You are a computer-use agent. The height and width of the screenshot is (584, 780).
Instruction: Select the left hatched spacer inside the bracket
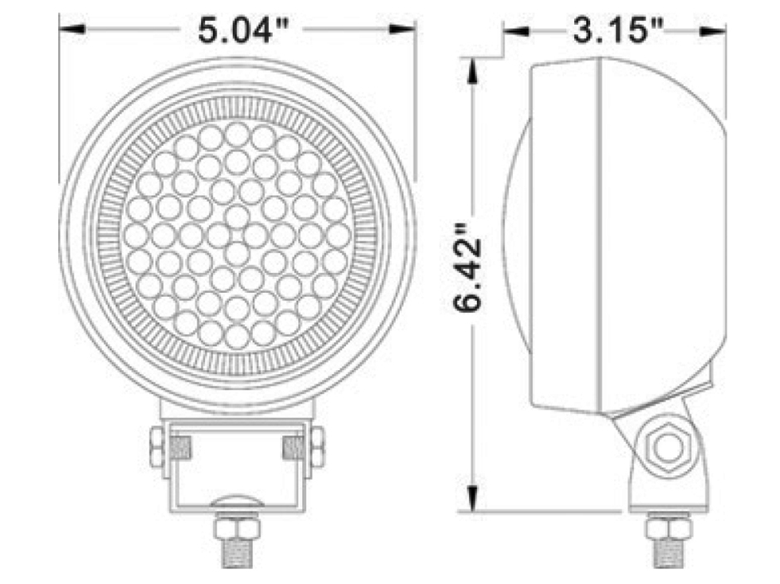point(180,448)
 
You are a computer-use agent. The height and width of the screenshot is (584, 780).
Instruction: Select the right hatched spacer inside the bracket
point(293,448)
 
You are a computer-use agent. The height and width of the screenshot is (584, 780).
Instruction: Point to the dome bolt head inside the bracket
point(236,501)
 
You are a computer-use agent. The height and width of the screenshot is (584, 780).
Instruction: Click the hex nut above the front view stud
point(236,526)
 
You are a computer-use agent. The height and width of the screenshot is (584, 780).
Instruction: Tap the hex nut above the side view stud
point(668,526)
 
